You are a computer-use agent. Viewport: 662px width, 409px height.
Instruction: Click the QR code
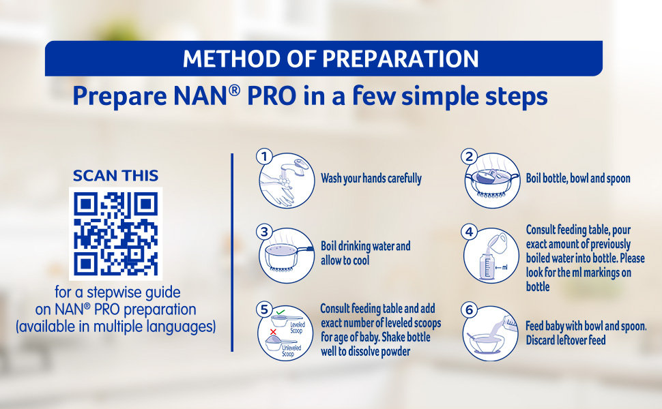(x=116, y=234)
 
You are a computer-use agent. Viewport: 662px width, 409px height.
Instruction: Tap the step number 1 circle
(x=264, y=157)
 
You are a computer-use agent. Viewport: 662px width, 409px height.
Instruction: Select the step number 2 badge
(x=469, y=157)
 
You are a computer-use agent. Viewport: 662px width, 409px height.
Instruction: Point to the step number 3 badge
(x=264, y=232)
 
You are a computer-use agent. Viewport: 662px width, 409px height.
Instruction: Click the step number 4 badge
(x=469, y=232)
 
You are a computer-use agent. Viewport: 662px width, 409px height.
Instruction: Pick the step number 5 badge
(x=264, y=309)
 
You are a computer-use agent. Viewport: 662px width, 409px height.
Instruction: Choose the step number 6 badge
(x=469, y=310)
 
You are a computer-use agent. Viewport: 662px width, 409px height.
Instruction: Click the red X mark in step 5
(x=273, y=332)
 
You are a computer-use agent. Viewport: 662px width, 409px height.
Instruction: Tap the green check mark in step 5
(x=280, y=312)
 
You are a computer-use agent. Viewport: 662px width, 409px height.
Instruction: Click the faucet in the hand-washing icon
(x=296, y=166)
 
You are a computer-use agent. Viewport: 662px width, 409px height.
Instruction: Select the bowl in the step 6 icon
(x=486, y=344)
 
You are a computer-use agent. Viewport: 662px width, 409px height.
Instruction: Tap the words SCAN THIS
(x=116, y=175)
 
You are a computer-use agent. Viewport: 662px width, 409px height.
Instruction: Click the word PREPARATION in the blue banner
(x=400, y=59)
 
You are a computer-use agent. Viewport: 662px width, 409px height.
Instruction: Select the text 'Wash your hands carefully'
(x=371, y=179)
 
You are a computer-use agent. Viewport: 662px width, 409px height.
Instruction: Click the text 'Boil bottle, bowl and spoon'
(x=578, y=179)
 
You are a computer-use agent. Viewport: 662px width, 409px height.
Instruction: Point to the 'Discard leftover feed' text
(x=566, y=340)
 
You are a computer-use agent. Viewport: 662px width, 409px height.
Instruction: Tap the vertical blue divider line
(x=232, y=252)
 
